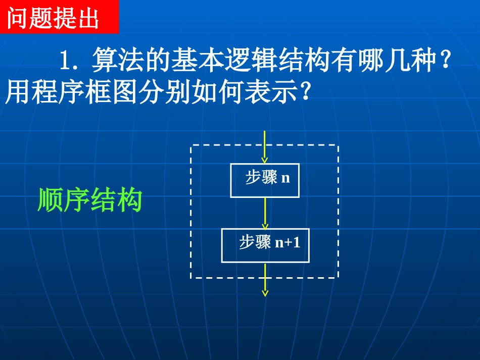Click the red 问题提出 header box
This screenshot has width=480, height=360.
tap(59, 17)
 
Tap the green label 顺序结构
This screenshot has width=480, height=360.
tap(90, 200)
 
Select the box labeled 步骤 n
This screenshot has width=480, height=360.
tap(265, 180)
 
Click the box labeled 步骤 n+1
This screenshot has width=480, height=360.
tap(265, 245)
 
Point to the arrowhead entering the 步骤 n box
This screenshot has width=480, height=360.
tap(265, 160)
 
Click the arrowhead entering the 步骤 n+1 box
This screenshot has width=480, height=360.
tap(265, 225)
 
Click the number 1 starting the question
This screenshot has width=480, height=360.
tap(64, 62)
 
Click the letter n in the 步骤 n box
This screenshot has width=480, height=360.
tap(286, 178)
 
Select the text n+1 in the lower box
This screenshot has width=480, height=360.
tap(287, 243)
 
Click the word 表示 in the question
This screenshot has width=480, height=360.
tap(273, 92)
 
